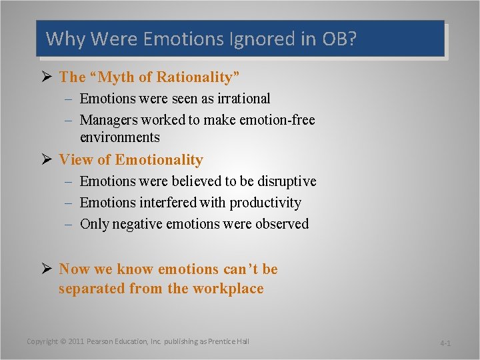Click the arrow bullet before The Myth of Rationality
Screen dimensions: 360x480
47,77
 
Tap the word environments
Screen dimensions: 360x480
120,137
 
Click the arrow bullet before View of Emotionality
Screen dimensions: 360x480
47,159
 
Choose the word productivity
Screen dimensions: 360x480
266,203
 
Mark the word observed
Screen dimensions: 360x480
283,224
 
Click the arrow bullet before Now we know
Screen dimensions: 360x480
47,269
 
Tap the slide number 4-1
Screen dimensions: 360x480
445,343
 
